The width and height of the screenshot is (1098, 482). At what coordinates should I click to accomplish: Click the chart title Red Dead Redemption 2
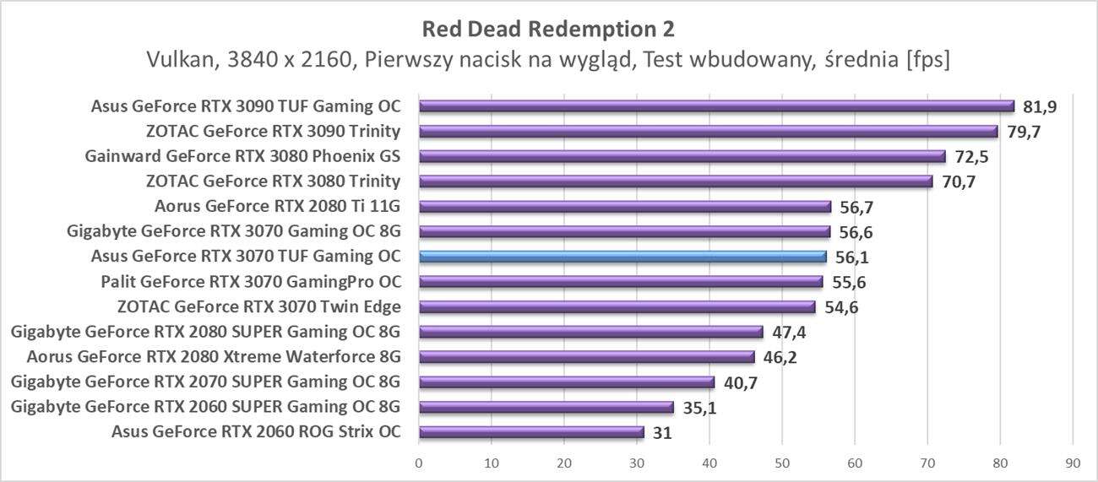[x=548, y=30]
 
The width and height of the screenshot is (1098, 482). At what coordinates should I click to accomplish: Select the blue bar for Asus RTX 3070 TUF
[x=622, y=257]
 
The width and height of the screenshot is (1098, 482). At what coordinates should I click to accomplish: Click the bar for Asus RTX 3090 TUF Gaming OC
[x=716, y=106]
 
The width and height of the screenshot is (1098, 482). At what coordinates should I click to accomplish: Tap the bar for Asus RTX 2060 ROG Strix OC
[x=531, y=432]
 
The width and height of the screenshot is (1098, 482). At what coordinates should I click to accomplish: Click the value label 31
[x=662, y=433]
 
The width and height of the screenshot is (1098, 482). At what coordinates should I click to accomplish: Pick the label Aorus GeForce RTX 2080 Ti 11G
[x=278, y=206]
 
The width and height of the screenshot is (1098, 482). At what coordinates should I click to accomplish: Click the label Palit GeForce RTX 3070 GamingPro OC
[x=251, y=282]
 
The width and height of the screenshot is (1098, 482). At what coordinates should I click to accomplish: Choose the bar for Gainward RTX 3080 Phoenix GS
[x=682, y=156]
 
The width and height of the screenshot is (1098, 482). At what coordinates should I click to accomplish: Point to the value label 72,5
[x=970, y=157]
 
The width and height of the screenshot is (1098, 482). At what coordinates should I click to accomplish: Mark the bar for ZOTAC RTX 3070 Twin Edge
[x=617, y=306]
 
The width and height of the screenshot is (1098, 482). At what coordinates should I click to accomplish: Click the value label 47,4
[x=788, y=333]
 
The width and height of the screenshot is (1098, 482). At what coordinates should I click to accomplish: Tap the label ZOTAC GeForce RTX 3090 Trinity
[x=273, y=132]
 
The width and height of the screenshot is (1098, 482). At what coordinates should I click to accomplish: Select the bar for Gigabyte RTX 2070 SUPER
[x=567, y=382]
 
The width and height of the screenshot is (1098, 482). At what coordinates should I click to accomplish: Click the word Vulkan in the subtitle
[x=179, y=60]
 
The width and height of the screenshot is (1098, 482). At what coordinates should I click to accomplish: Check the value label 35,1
[x=698, y=408]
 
